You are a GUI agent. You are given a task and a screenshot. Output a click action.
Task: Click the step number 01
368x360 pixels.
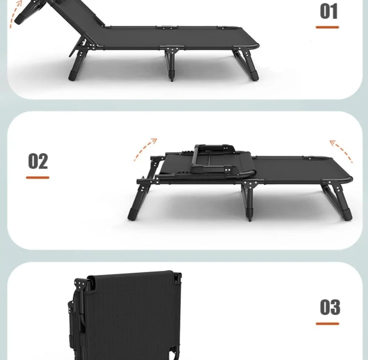pos(329,11)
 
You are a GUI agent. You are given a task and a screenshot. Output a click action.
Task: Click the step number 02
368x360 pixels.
pos(38,161)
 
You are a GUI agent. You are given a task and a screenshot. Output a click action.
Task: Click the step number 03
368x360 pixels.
pos(330,307)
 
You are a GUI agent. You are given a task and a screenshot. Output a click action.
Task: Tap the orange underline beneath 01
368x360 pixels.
pos(327,27)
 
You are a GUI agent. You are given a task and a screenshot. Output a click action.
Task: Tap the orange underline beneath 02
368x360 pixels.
pos(38,177)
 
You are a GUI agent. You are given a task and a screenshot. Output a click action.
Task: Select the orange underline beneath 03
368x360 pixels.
pos(327,324)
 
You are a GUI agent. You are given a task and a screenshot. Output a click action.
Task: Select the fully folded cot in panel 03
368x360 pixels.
pos(125,315)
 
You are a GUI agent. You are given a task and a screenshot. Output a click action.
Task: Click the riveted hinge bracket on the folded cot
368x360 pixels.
pos(81,285)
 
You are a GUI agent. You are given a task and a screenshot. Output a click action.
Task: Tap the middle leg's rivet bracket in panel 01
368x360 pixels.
pos(172,50)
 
